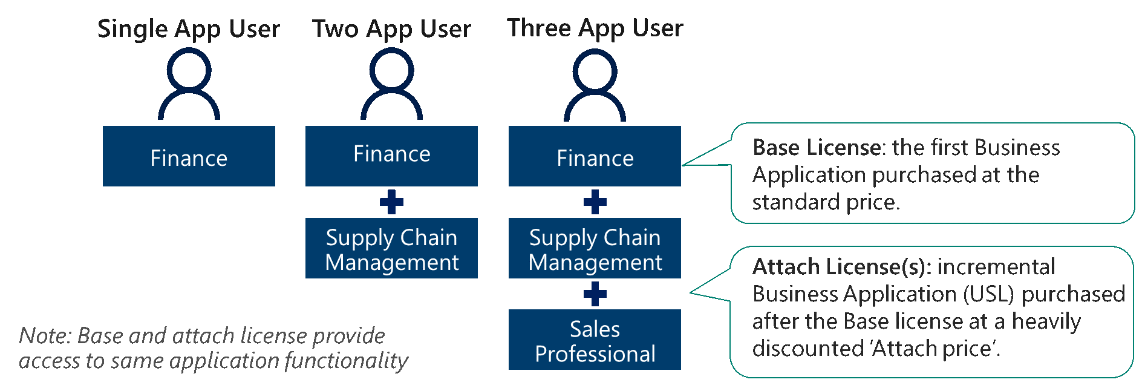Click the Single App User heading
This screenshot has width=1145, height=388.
point(188,29)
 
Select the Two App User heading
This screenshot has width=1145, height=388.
point(391,29)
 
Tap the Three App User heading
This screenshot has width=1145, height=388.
point(595,28)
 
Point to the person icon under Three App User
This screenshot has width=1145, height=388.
point(595,84)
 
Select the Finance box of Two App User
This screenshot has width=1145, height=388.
point(391,156)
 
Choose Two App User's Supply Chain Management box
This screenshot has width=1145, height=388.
point(391,248)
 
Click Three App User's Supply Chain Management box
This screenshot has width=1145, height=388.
point(595,248)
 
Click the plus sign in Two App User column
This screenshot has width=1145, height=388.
point(391,202)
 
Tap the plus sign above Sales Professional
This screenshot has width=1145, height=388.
point(595,294)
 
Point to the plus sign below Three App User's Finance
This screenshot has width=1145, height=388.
point(595,202)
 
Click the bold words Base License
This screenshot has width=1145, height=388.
point(817,148)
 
